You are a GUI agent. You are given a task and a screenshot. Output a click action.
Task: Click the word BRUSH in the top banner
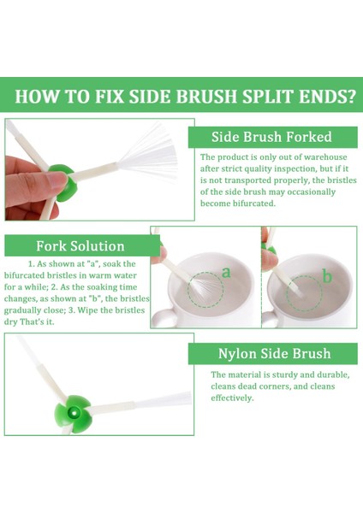(205, 96)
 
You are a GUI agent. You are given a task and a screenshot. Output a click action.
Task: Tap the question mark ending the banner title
(351, 96)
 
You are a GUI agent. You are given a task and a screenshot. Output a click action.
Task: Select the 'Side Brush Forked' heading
(271, 137)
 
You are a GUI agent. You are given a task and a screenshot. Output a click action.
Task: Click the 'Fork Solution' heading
(80, 246)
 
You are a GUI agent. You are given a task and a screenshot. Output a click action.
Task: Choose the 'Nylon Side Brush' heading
(275, 353)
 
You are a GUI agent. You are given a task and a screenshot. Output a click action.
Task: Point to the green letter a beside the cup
(226, 272)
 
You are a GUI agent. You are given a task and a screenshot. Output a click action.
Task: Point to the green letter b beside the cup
(327, 276)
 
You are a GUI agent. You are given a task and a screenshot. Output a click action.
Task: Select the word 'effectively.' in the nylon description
(232, 398)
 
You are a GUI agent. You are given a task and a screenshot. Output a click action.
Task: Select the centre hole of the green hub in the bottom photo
(74, 413)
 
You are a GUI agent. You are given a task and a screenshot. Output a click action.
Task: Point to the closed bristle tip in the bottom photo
(164, 400)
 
